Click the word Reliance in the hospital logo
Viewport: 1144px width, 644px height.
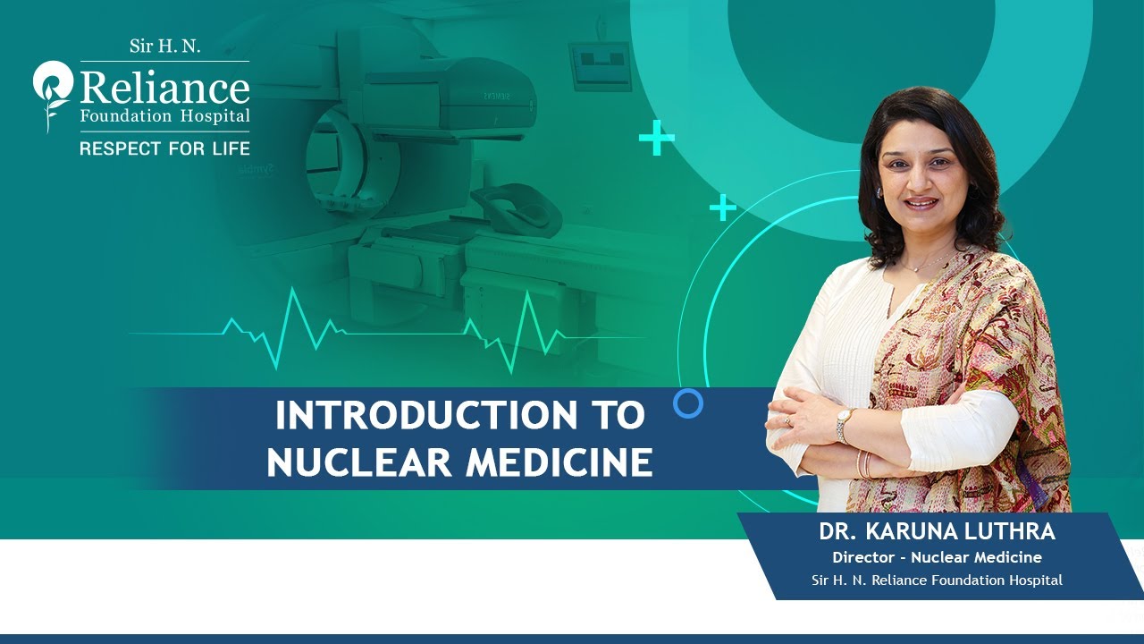164,89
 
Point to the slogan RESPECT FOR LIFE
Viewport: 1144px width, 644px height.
164,148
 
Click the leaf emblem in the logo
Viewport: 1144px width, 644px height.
52,94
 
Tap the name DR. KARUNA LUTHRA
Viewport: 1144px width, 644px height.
937,532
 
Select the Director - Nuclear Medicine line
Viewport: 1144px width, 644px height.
937,557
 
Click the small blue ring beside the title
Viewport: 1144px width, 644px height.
688,404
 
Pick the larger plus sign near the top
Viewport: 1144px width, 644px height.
657,139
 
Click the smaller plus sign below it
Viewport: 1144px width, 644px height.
723,208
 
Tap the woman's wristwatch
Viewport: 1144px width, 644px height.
843,425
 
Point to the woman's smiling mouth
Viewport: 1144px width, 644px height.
921,204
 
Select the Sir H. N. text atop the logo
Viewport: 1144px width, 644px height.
164,47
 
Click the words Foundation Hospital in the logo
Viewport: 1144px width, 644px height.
164,117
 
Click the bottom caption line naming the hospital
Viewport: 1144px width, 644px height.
937,580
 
